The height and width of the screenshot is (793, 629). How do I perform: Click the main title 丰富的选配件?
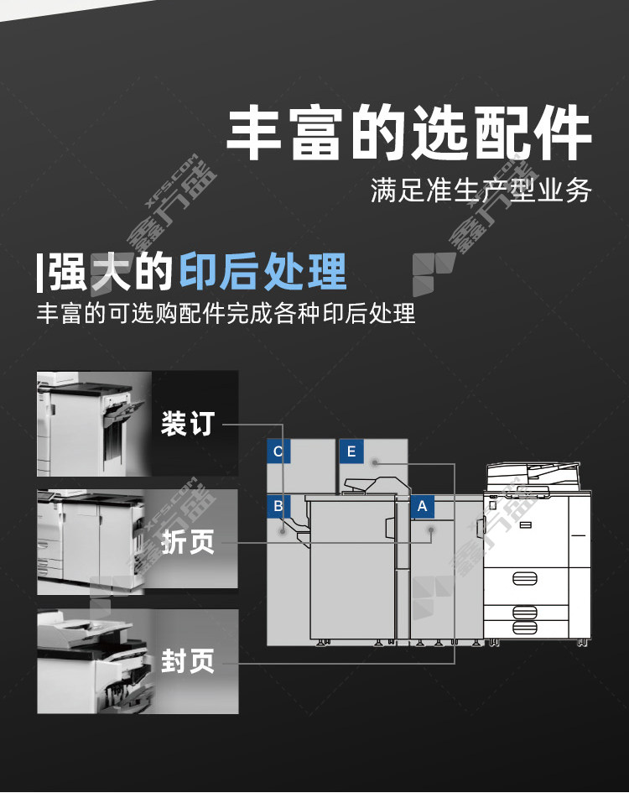tap(408, 133)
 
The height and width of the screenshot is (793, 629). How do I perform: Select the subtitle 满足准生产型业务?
tap(481, 190)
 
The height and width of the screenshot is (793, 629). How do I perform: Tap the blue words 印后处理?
tap(263, 272)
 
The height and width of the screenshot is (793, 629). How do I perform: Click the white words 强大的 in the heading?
tap(110, 272)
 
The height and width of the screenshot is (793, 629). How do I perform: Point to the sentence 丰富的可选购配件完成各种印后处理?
tap(226, 313)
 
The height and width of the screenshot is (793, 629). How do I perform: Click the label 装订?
tap(188, 423)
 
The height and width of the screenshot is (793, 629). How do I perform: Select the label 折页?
tap(188, 541)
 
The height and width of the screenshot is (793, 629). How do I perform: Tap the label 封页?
tap(188, 660)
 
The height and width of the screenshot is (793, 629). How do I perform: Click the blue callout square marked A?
tap(422, 507)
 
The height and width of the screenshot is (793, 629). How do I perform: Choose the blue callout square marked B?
tap(278, 506)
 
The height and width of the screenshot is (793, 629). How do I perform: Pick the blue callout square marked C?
tap(278, 451)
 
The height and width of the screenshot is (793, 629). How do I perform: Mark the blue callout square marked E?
tap(351, 451)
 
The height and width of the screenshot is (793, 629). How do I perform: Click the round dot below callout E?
tap(375, 462)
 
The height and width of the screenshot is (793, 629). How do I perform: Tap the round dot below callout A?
tap(431, 530)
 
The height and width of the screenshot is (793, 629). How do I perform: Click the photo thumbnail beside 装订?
tap(94, 424)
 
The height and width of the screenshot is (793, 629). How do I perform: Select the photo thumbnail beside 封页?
tap(95, 661)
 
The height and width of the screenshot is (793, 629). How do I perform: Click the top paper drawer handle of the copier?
tap(525, 578)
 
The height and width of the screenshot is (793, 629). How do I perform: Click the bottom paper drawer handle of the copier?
tap(525, 628)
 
